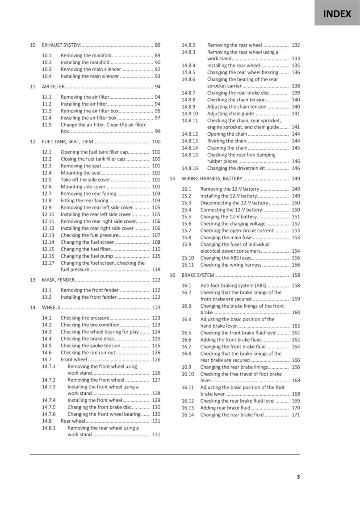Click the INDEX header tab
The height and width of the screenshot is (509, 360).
337,13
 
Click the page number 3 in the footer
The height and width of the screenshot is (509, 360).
298,477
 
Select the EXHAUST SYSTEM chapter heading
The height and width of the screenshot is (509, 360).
61,45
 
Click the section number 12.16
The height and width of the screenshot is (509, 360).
48,256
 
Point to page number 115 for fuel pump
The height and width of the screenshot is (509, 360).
156,256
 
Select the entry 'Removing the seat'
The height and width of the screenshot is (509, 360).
81,166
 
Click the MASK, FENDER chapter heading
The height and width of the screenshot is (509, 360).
58,280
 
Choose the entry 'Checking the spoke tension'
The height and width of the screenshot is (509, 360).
91,346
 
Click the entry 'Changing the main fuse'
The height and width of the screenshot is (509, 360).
226,238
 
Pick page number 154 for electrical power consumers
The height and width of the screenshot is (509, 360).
295,251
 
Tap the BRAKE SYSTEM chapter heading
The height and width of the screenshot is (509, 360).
198,275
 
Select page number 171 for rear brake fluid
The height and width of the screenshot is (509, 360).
295,415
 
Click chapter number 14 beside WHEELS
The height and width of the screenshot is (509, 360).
33,308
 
